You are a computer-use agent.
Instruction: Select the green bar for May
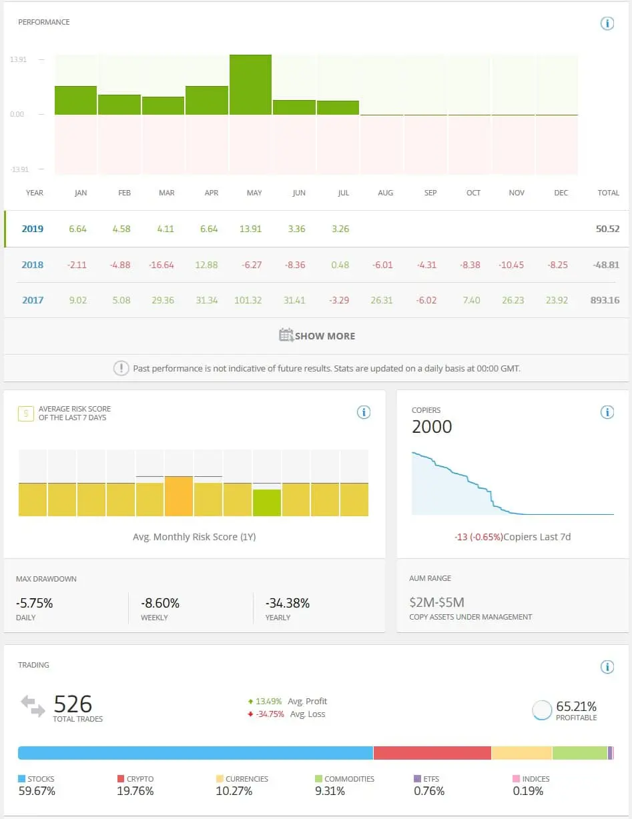[x=250, y=85]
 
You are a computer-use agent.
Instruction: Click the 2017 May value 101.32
[x=248, y=300]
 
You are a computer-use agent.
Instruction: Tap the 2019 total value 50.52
[x=607, y=229]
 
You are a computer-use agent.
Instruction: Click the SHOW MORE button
[x=317, y=336]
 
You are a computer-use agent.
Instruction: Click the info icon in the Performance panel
[x=607, y=23]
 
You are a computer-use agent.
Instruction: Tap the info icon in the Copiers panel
[x=607, y=412]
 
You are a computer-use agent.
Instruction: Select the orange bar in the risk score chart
[x=179, y=496]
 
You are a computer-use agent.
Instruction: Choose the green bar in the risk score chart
[x=267, y=503]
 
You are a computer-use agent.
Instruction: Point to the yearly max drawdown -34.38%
[x=288, y=603]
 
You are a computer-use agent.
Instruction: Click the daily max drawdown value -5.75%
[x=35, y=603]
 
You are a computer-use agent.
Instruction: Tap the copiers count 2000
[x=432, y=427]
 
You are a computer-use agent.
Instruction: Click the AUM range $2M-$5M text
[x=436, y=602]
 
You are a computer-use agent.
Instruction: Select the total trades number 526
[x=73, y=704]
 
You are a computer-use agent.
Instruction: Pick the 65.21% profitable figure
[x=576, y=706]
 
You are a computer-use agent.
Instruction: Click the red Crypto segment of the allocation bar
[x=432, y=753]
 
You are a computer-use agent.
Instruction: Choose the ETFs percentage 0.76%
[x=429, y=791]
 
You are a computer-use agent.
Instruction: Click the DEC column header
[x=561, y=193]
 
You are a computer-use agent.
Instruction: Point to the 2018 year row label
[x=32, y=265]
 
